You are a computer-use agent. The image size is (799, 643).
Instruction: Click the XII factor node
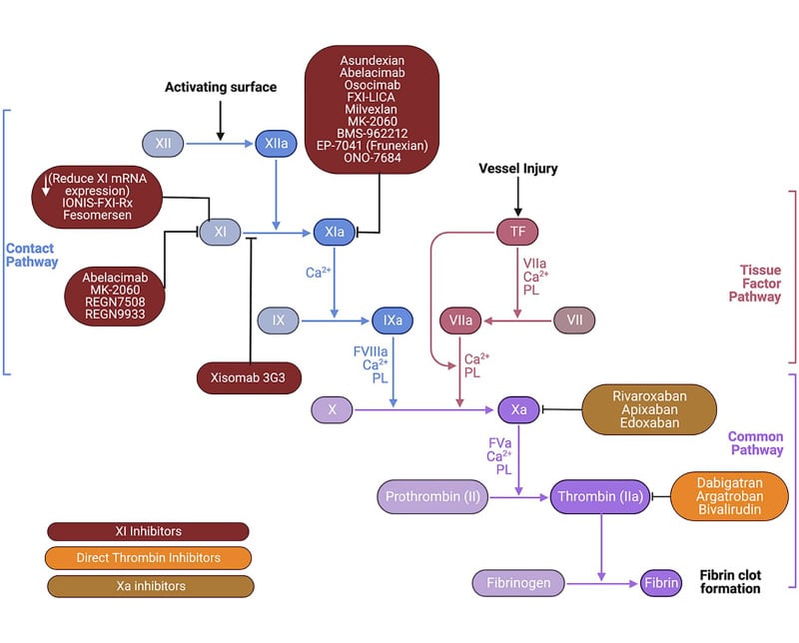[x=165, y=144]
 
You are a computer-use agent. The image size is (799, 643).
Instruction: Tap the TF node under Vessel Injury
[x=517, y=232]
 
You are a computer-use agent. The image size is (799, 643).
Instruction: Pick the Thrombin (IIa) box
[x=600, y=495]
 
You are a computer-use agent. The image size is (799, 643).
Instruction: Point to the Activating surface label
[x=221, y=88]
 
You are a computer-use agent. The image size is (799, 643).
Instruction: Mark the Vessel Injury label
[x=516, y=169]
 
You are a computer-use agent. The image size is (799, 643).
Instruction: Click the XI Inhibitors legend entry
[x=149, y=531]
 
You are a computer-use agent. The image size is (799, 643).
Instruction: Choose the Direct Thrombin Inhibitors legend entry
[x=149, y=558]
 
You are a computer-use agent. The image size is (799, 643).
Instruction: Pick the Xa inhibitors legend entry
[x=149, y=586]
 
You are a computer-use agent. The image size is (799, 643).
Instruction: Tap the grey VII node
[x=574, y=321]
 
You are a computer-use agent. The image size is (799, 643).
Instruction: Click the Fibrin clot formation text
[x=729, y=581]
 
